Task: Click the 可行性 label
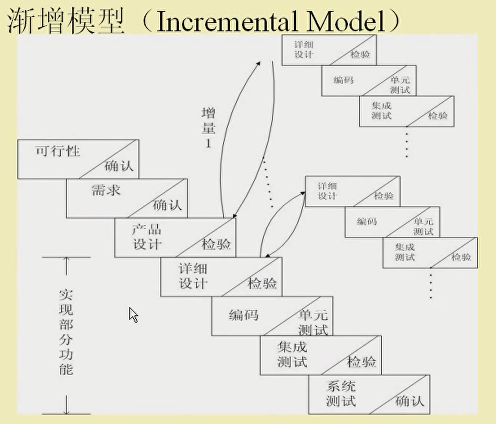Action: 58,151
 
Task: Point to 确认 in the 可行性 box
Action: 119,166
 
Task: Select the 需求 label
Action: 106,189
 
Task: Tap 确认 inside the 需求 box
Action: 167,205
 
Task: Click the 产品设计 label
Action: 146,237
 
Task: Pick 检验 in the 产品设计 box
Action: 216,244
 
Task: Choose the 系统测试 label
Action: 341,393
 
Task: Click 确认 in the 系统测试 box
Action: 410,400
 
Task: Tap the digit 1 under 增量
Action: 209,143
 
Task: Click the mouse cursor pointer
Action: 133,314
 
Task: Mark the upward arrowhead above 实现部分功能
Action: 66,261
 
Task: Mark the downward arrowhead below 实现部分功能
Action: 66,409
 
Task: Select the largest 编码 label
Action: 244,314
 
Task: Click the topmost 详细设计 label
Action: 304,49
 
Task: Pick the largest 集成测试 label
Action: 292,354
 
